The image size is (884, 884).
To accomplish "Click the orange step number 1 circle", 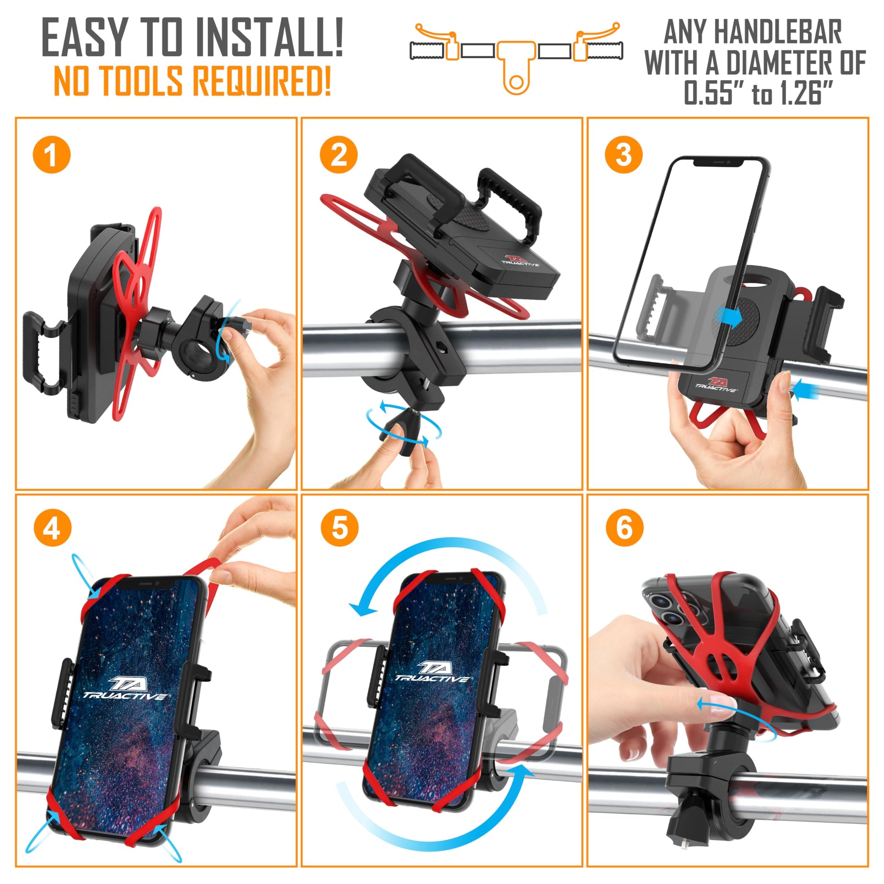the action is pos(52,155).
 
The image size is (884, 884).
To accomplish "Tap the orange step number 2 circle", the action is pos(338,155).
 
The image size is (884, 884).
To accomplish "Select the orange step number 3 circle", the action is pos(624,155).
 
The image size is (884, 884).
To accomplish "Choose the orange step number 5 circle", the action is pos(339,528).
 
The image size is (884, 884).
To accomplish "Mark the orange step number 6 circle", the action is pos(624,528).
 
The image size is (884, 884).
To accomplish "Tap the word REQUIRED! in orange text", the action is pos(262,80).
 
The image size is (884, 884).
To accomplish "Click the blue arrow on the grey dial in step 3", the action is pos(728,316).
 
